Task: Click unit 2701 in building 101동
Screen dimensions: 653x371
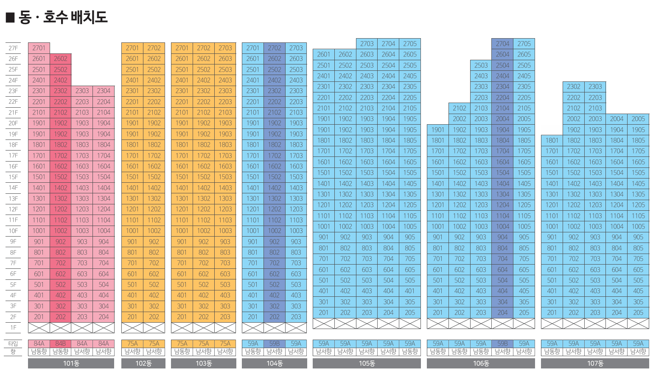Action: (39, 48)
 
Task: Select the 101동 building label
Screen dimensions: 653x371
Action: (71, 363)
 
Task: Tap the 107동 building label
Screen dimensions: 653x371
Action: (595, 363)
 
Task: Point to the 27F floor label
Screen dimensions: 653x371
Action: (13, 48)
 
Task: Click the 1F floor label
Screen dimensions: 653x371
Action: (13, 328)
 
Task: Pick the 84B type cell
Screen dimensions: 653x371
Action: (60, 343)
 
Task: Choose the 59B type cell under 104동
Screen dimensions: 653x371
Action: (275, 343)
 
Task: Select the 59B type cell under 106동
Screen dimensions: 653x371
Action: (502, 343)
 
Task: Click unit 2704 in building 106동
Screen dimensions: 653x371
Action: (502, 44)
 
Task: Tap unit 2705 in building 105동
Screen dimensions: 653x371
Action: (410, 44)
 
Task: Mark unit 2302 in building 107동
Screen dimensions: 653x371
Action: (573, 87)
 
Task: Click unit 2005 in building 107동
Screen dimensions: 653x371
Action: (638, 119)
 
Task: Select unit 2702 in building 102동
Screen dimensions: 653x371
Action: (154, 48)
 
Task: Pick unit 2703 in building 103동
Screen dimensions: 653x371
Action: (225, 48)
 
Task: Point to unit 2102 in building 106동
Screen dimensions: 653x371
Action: (460, 108)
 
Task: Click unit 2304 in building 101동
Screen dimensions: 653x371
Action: (104, 91)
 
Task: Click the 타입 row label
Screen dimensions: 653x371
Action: (13, 343)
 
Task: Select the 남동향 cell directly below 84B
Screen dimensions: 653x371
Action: (60, 352)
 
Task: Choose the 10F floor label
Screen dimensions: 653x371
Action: (13, 231)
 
